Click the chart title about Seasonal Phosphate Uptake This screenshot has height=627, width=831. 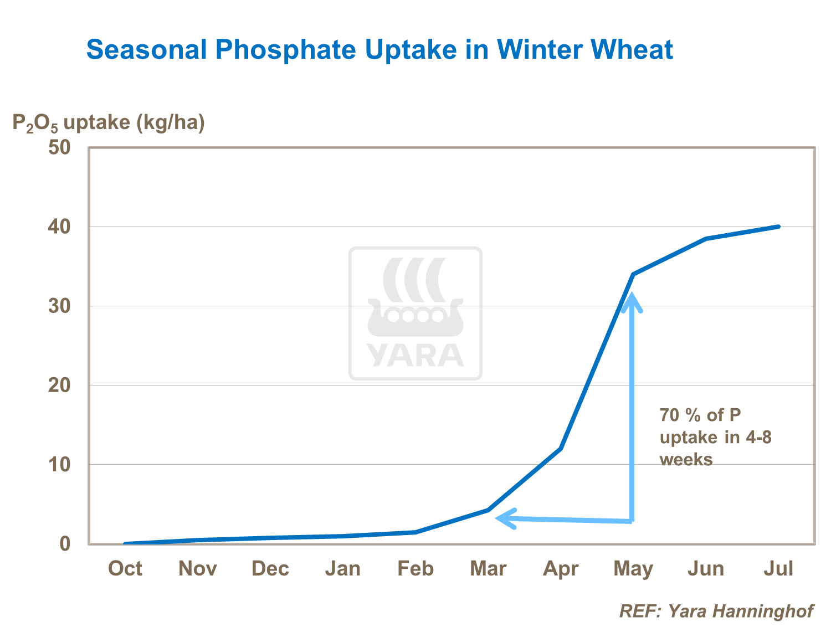379,50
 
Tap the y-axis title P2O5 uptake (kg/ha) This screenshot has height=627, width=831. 109,122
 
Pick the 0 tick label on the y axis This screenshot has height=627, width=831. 65,543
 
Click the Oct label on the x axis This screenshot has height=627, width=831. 125,568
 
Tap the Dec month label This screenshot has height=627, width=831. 270,568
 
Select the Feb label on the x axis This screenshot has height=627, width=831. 416,568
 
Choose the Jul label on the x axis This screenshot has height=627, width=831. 778,568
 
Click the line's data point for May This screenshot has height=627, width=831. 633,274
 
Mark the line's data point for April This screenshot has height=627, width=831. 561,448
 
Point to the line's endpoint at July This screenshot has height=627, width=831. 778,227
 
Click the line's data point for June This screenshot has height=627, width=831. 706,239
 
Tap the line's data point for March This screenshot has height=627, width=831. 488,510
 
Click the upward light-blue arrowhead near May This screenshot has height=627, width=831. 632,302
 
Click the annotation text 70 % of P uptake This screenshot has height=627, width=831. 715,437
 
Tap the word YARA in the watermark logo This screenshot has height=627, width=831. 416,356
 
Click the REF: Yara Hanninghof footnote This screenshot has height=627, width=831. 716,611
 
